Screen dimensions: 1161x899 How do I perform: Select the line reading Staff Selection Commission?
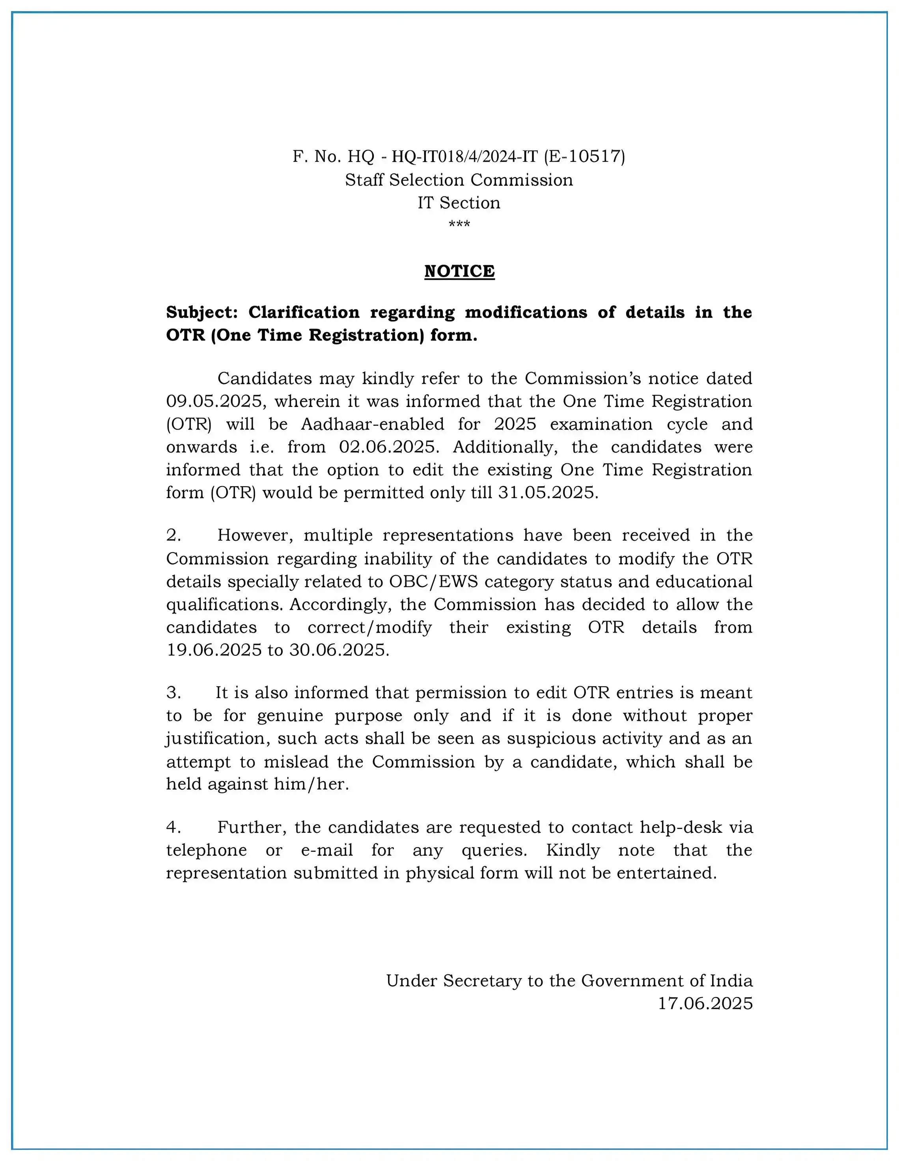(x=459, y=180)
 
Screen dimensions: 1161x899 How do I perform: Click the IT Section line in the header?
(x=459, y=203)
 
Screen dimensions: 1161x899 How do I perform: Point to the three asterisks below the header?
(x=459, y=224)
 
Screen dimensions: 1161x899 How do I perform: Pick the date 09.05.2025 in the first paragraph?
(x=214, y=401)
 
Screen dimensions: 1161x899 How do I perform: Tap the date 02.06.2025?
(x=389, y=447)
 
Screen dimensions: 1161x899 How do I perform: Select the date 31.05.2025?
(x=548, y=493)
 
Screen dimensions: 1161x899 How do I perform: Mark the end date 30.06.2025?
(x=339, y=650)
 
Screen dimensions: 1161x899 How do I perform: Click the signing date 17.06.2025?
(x=705, y=1003)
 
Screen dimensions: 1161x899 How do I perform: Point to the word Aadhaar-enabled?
(x=373, y=424)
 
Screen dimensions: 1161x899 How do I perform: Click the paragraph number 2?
(x=173, y=535)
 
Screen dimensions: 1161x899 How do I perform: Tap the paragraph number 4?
(x=173, y=827)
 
